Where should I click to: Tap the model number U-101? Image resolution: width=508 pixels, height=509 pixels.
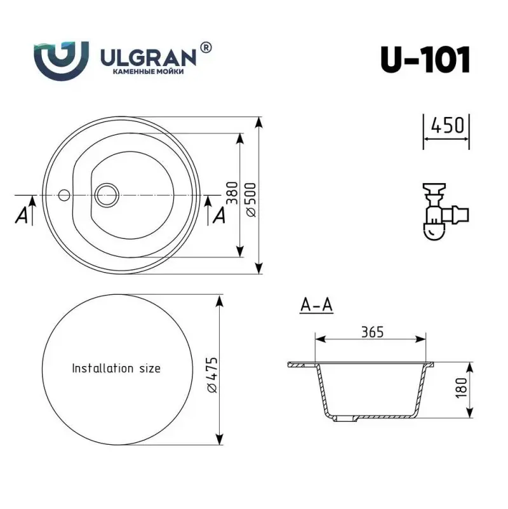[425, 60]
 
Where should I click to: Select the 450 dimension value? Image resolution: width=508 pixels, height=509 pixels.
[446, 125]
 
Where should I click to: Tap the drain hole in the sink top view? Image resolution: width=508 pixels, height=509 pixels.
[105, 194]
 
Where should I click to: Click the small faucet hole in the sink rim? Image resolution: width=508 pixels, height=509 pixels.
[64, 194]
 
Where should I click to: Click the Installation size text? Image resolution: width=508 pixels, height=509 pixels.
[116, 369]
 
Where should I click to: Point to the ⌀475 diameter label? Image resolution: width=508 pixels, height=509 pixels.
[212, 375]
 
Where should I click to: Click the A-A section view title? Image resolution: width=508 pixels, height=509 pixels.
[316, 306]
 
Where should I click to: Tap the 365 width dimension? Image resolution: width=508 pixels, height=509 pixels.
[372, 332]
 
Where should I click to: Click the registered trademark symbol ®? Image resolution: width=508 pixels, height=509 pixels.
[206, 47]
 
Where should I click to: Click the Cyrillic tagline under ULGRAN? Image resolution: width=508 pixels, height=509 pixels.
[148, 74]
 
